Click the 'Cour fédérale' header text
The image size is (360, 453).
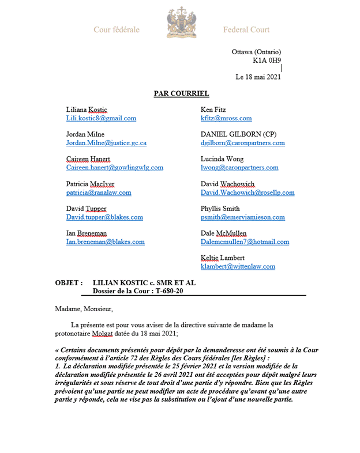[117, 29]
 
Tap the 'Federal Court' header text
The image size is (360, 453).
[246, 29]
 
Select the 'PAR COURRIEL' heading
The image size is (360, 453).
[181, 93]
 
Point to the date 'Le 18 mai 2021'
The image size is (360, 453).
[258, 77]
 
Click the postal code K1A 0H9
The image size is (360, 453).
[267, 60]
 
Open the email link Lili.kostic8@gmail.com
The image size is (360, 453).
[102, 118]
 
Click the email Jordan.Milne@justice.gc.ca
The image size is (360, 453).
[106, 143]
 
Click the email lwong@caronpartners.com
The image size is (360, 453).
[239, 168]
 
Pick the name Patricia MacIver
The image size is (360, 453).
[91, 184]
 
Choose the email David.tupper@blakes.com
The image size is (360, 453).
[104, 217]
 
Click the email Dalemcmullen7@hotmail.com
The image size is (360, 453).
[245, 242]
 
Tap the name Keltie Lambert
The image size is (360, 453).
[222, 258]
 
